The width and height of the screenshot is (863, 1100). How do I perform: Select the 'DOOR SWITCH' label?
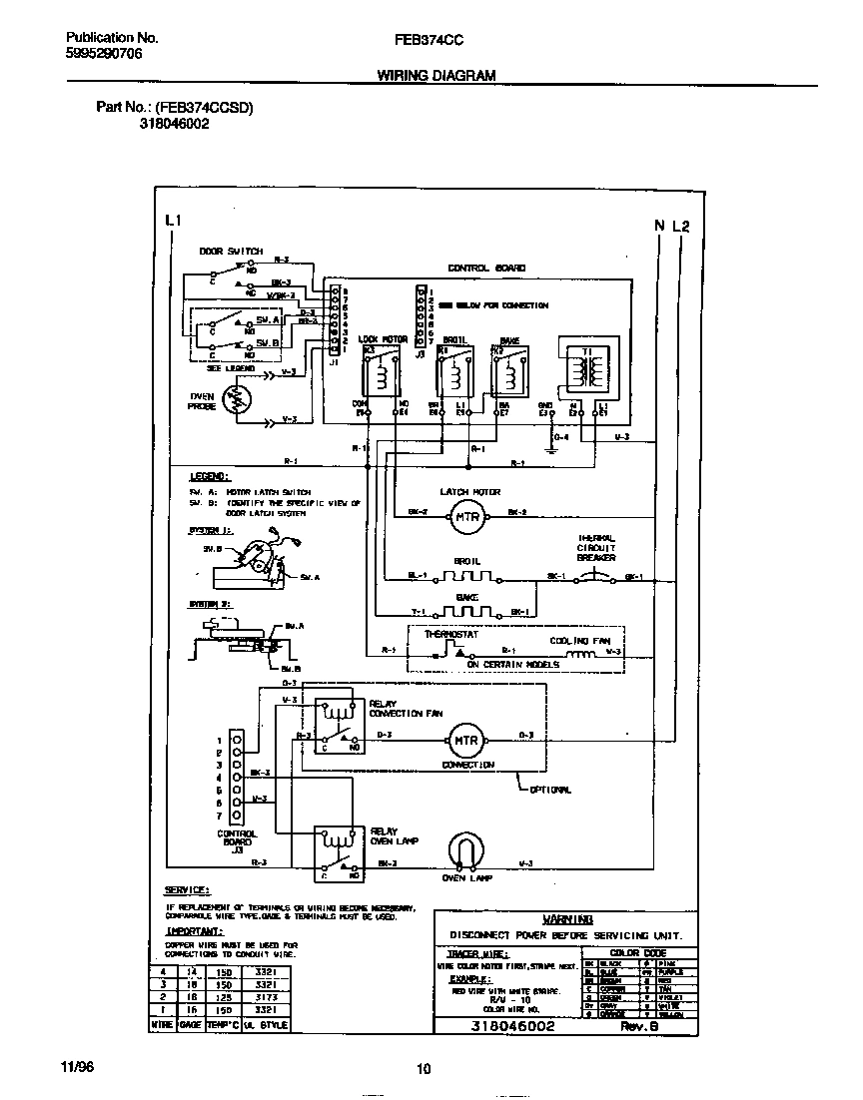(x=230, y=252)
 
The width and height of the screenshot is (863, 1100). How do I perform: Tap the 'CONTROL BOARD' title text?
(x=486, y=268)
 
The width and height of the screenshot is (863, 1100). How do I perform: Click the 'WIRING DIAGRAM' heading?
(x=435, y=76)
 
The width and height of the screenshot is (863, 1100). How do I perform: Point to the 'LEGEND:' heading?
(x=209, y=477)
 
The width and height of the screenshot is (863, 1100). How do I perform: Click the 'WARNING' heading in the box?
(x=566, y=918)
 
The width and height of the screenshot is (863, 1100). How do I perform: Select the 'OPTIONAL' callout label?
(x=549, y=790)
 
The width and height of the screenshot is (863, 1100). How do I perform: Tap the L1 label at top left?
(x=173, y=220)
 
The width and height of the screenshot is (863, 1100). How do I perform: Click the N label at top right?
(x=659, y=226)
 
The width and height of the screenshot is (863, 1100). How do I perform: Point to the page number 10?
(x=424, y=1069)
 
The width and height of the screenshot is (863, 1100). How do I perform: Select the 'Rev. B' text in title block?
(x=637, y=1026)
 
